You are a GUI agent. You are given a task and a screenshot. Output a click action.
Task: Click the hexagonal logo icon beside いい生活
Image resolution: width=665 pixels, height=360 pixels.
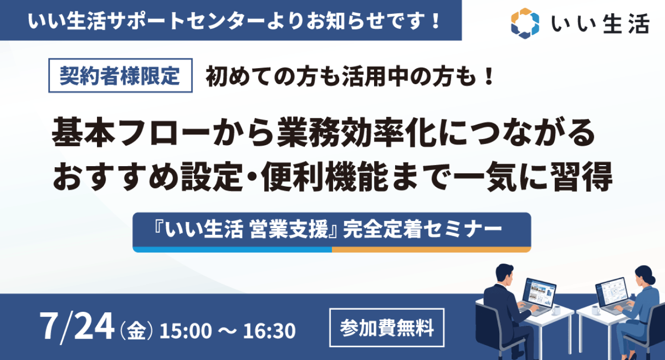tap(525, 24)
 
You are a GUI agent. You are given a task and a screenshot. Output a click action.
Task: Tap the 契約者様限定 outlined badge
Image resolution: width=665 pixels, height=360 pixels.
tap(121, 75)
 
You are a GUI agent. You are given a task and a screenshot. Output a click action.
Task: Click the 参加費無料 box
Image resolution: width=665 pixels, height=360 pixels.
tap(387, 328)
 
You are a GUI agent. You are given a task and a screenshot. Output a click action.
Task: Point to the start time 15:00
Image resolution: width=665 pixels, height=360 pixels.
tap(186, 331)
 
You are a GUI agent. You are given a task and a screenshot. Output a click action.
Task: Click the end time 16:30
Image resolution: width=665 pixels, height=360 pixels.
tap(269, 331)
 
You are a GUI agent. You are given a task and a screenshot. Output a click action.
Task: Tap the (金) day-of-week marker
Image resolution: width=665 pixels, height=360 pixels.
tap(136, 331)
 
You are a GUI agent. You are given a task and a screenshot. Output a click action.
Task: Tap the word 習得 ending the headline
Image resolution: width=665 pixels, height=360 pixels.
tap(581, 176)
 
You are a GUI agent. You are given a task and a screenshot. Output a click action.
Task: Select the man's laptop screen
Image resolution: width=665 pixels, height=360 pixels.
tap(539, 292)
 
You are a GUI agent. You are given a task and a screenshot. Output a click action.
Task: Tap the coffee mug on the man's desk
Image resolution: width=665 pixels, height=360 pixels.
tap(557, 310)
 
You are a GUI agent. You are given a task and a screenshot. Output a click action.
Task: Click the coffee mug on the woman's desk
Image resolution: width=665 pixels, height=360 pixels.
tap(596, 310)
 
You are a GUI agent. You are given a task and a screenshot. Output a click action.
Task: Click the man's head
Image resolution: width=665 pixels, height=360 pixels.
tap(505, 274)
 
